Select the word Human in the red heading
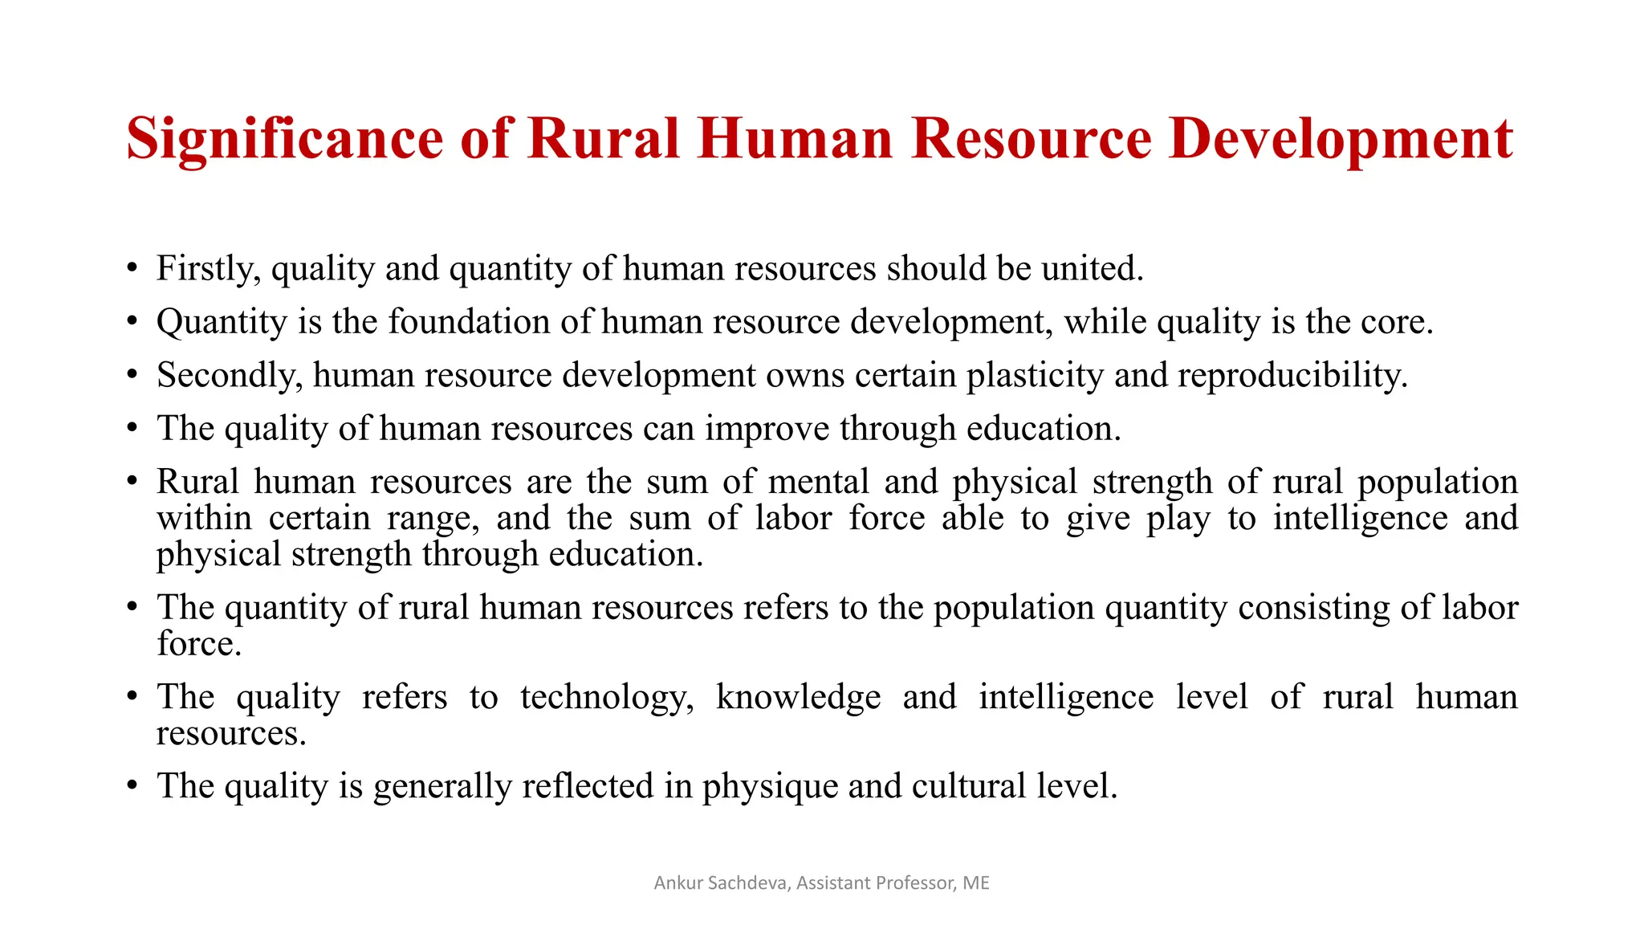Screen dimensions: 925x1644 (x=795, y=138)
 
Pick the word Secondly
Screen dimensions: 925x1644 (x=230, y=376)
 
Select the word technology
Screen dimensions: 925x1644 (x=607, y=697)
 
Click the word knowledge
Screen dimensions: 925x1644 (x=798, y=697)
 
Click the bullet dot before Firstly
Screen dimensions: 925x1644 (x=132, y=267)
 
